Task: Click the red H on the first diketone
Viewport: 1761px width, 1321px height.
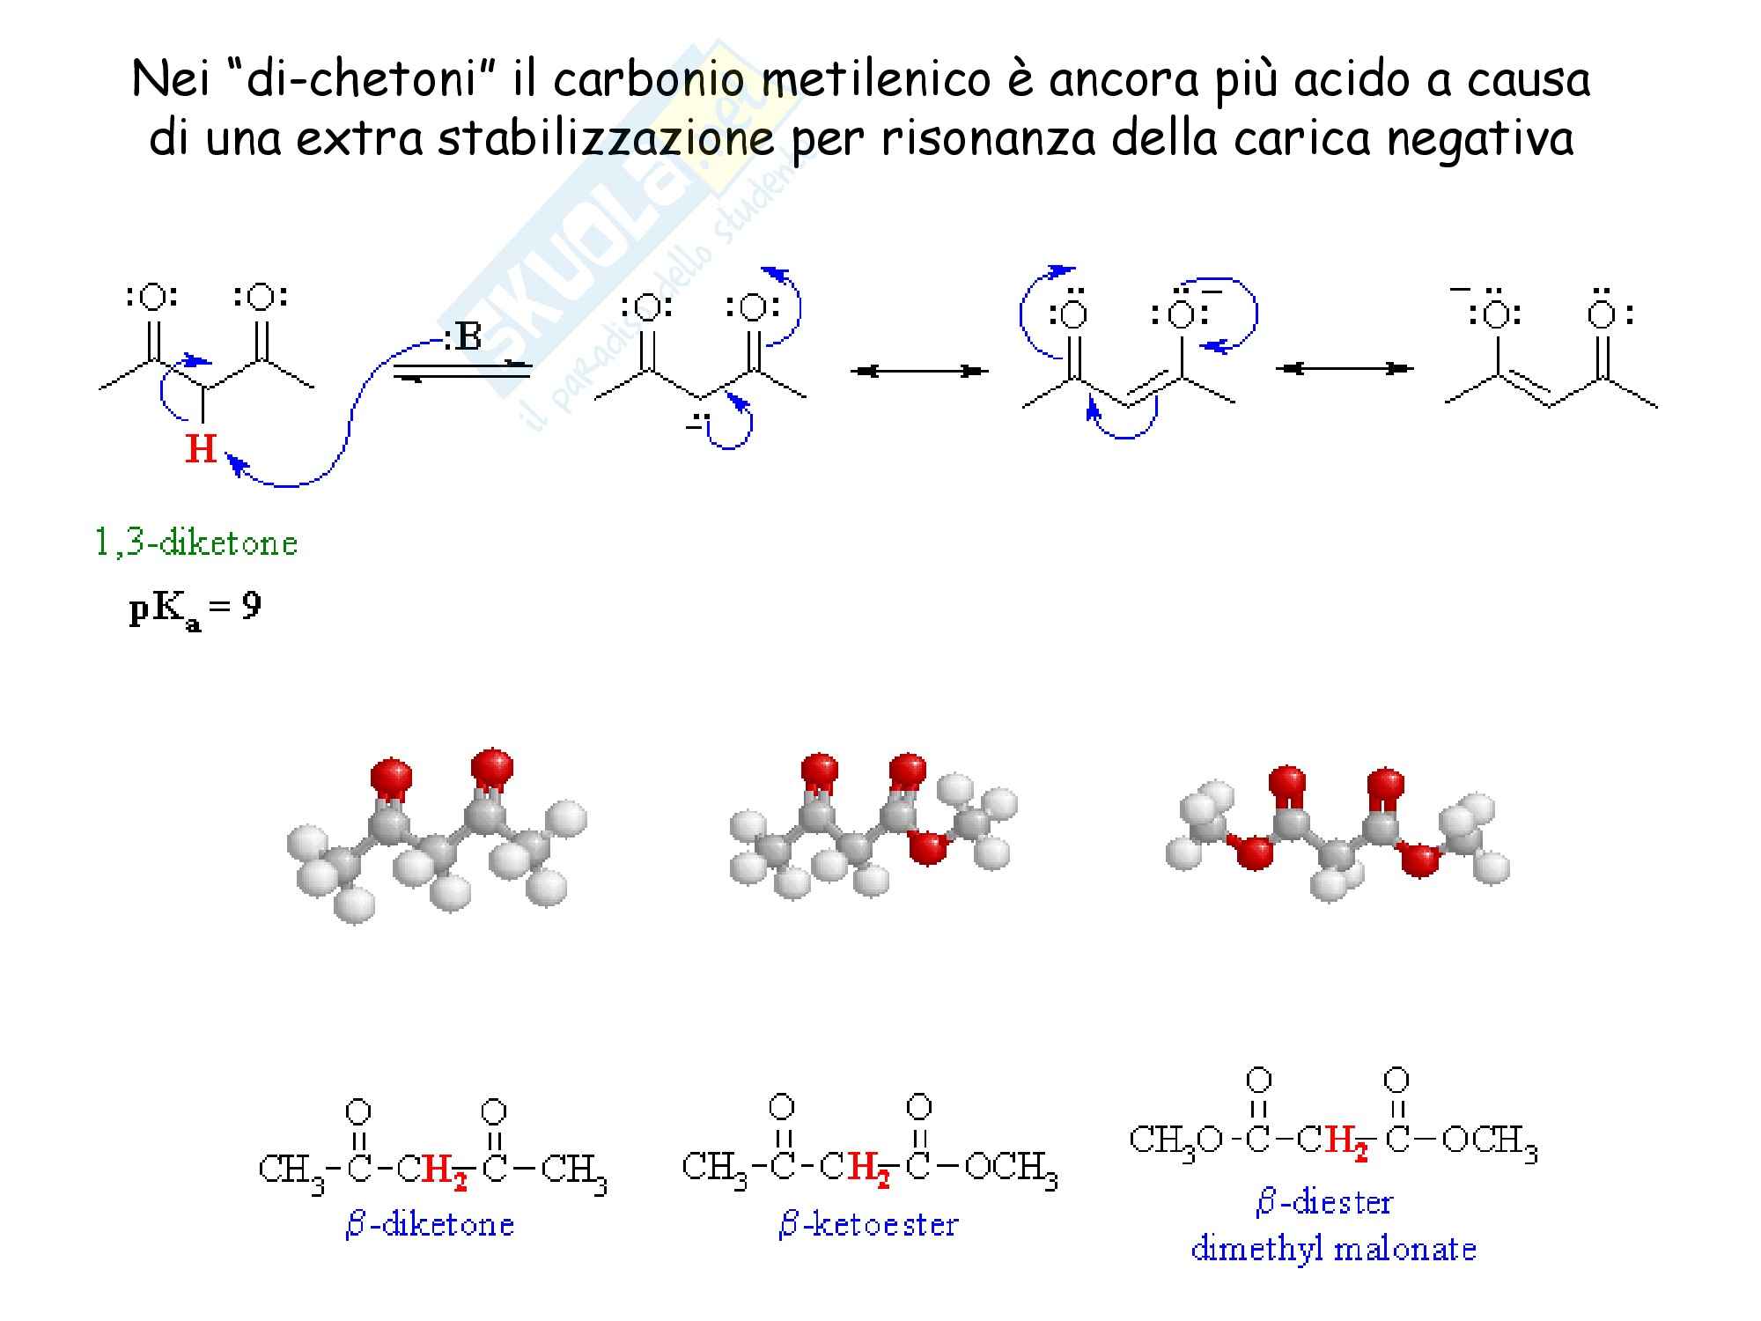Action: coord(201,449)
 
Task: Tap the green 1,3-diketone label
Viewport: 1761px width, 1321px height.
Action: coord(196,542)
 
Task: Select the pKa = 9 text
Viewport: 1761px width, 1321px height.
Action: coord(195,609)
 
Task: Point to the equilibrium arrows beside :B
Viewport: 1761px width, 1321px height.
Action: coord(461,370)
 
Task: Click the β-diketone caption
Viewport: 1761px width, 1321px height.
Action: coord(430,1225)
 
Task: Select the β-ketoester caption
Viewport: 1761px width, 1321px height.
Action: coord(868,1225)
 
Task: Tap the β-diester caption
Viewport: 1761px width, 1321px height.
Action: coord(1324,1203)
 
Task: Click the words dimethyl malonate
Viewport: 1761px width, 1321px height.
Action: coord(1333,1249)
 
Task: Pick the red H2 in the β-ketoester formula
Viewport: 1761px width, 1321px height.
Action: coord(868,1170)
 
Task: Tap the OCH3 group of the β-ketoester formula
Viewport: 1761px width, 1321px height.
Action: coord(1011,1169)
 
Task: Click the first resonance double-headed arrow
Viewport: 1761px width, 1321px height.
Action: coord(919,372)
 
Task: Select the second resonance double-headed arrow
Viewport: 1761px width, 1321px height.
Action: coord(1344,368)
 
